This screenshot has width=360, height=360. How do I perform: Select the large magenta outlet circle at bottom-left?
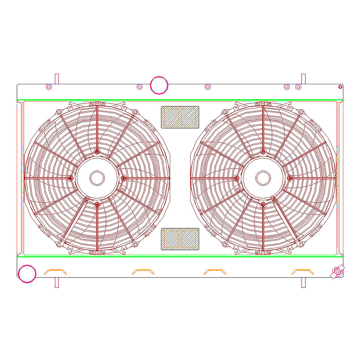coord(28,273)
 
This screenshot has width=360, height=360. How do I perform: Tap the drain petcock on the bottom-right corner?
coord(338,271)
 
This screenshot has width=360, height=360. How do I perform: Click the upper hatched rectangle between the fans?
coord(180,117)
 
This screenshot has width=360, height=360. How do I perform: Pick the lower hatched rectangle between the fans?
coord(180,239)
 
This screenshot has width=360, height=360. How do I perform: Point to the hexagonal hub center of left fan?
coord(97,178)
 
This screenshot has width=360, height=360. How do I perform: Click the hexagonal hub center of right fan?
coord(263,178)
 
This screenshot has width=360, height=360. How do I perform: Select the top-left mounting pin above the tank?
coord(57,79)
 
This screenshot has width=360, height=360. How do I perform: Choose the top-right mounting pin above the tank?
coord(303,79)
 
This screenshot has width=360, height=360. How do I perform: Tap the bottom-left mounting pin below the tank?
coord(57,282)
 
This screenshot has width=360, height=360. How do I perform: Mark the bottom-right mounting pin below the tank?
coord(303,282)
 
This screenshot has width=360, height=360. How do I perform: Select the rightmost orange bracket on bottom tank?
coord(302,271)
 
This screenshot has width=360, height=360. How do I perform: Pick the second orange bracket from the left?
coord(143,271)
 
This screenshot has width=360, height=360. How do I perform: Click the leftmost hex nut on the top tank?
coord(48,87)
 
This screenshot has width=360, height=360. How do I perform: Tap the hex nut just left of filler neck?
coord(139,87)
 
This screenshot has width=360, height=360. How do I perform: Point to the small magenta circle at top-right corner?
coord(340,87)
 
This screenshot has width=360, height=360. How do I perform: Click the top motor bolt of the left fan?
coord(97,152)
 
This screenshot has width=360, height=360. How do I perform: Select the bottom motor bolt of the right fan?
coord(263,205)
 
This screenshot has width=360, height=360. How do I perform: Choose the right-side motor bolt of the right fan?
coord(289,178)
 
